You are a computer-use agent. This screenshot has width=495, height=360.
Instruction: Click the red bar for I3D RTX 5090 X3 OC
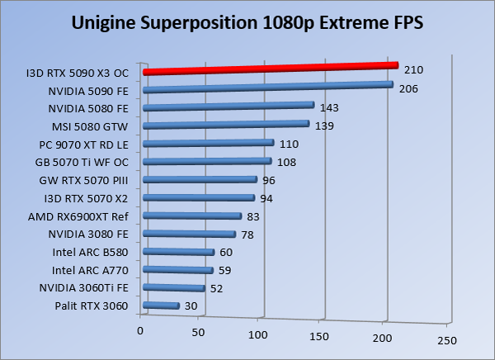(269, 69)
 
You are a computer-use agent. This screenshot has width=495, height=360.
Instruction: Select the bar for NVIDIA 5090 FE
(267, 87)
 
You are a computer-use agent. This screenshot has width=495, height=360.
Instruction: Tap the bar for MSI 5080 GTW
(226, 125)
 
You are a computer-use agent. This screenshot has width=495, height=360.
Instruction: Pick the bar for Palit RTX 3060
(161, 306)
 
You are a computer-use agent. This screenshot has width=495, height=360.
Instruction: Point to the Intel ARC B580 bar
(178, 253)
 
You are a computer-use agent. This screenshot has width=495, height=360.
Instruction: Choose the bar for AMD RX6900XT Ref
(192, 216)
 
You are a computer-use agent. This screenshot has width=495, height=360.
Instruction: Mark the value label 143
(329, 107)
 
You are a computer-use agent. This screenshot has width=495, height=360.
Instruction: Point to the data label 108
(285, 162)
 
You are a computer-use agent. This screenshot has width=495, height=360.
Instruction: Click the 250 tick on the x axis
(446, 339)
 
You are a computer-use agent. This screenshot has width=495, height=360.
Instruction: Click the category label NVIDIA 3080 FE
(90, 234)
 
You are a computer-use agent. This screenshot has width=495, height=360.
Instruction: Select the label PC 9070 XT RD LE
(86, 144)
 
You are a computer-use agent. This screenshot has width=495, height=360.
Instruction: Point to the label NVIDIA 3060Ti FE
(84, 288)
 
